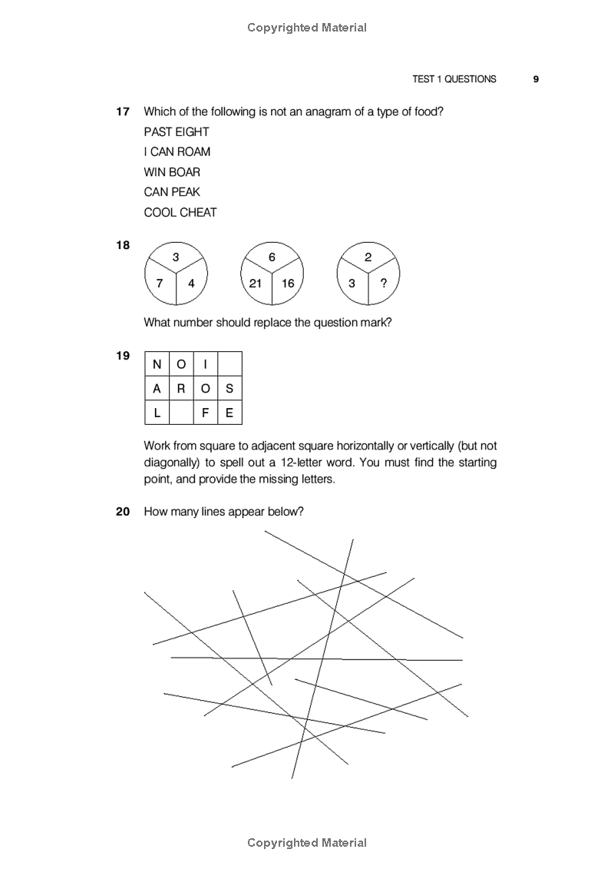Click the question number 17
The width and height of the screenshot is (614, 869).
click(x=123, y=112)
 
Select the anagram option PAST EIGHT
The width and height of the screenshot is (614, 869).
click(x=176, y=132)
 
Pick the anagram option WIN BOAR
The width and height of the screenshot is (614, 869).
click(x=171, y=172)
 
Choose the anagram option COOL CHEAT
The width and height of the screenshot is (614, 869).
click(x=180, y=212)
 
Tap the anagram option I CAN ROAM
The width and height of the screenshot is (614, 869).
click(x=177, y=152)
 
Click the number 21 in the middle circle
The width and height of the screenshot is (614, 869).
click(x=256, y=283)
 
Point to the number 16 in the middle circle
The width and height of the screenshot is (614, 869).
click(x=288, y=283)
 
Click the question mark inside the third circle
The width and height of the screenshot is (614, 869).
click(x=384, y=283)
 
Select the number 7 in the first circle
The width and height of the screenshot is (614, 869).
click(x=160, y=283)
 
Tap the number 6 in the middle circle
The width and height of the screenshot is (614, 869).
click(x=272, y=257)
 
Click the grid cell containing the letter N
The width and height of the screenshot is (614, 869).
click(x=157, y=364)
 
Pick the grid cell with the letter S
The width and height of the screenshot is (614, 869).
click(x=229, y=389)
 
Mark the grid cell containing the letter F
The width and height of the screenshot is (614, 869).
click(x=205, y=413)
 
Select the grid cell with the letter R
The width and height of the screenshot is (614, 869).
click(x=181, y=389)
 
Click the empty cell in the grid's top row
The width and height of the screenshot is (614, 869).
click(x=229, y=364)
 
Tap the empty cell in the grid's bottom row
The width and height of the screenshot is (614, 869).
click(x=181, y=413)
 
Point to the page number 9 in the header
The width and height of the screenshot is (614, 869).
click(x=536, y=79)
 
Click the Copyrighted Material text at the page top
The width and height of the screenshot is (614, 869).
click(x=307, y=28)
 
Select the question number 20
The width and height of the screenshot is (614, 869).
click(x=123, y=511)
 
